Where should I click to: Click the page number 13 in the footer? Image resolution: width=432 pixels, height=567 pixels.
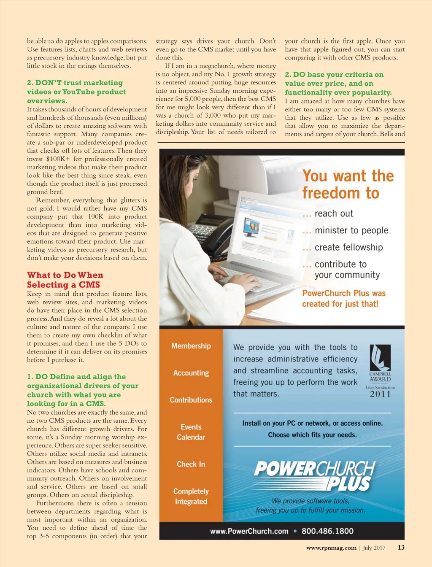coord(401,548)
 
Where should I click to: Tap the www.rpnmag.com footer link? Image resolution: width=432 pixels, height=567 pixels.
coord(331,548)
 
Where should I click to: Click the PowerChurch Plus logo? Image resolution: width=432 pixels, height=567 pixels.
coord(314,475)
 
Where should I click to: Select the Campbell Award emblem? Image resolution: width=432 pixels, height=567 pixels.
coord(380,363)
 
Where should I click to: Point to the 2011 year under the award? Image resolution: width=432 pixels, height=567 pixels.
coord(380,394)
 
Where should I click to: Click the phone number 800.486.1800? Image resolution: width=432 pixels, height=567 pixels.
coord(327,531)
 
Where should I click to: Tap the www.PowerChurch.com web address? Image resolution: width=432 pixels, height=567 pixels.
coord(249,531)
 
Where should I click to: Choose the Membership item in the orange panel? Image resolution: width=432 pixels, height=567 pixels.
coord(191,346)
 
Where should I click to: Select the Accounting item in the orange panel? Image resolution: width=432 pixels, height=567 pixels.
coord(191,373)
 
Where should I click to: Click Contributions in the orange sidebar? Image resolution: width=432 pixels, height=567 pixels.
coord(191,400)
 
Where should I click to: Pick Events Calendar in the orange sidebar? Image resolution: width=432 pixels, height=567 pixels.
coord(191,432)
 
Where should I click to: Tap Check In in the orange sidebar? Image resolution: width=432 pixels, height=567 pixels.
coord(191,464)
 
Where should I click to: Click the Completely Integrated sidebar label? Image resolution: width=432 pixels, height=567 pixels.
coord(191,496)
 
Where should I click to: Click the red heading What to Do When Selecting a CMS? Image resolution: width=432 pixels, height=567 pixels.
coord(65,280)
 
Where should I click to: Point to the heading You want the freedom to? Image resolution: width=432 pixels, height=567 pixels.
coord(348,184)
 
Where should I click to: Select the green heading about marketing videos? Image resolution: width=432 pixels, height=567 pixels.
coord(76,92)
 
